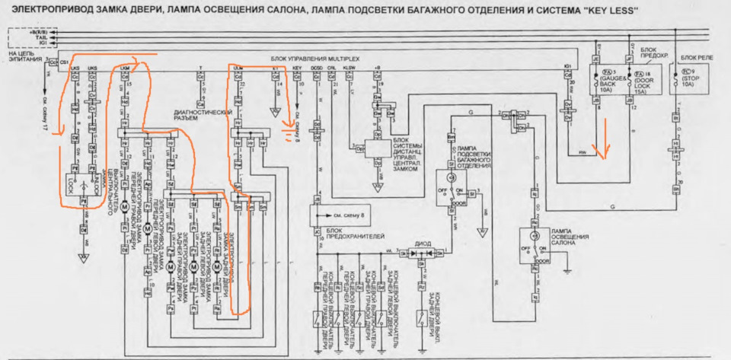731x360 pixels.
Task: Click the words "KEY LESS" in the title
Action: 608,10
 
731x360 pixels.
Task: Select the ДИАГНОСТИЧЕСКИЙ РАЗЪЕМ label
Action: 203,115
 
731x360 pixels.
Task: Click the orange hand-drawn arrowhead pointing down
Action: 601,156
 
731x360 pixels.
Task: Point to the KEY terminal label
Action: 298,68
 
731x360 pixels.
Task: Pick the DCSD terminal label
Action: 317,68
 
